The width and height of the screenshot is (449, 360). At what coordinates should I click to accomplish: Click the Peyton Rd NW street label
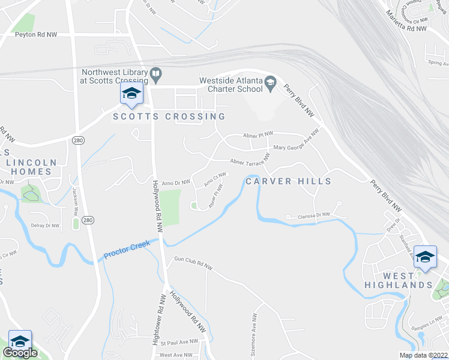pyautogui.click(x=37, y=35)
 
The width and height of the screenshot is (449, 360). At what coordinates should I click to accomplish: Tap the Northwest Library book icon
pyautogui.click(x=156, y=75)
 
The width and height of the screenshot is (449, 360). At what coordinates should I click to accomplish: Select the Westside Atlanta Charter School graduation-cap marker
pyautogui.click(x=270, y=83)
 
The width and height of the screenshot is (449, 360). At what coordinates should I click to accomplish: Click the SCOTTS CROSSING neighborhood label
pyautogui.click(x=169, y=116)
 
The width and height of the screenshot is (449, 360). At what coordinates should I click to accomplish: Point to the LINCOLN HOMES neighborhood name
pyautogui.click(x=31, y=167)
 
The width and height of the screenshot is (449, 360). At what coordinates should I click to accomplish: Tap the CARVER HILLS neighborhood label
pyautogui.click(x=288, y=181)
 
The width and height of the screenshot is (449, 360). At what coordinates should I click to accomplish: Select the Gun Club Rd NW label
pyautogui.click(x=193, y=264)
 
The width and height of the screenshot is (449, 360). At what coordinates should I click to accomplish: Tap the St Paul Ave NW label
pyautogui.click(x=179, y=341)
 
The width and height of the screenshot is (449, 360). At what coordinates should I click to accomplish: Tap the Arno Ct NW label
pyautogui.click(x=214, y=179)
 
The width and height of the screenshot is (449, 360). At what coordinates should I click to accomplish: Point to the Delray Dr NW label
pyautogui.click(x=44, y=226)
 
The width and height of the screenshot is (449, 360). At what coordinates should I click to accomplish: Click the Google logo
pyautogui.click(x=20, y=353)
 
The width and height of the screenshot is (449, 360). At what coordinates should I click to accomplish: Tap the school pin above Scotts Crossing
pyautogui.click(x=131, y=93)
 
